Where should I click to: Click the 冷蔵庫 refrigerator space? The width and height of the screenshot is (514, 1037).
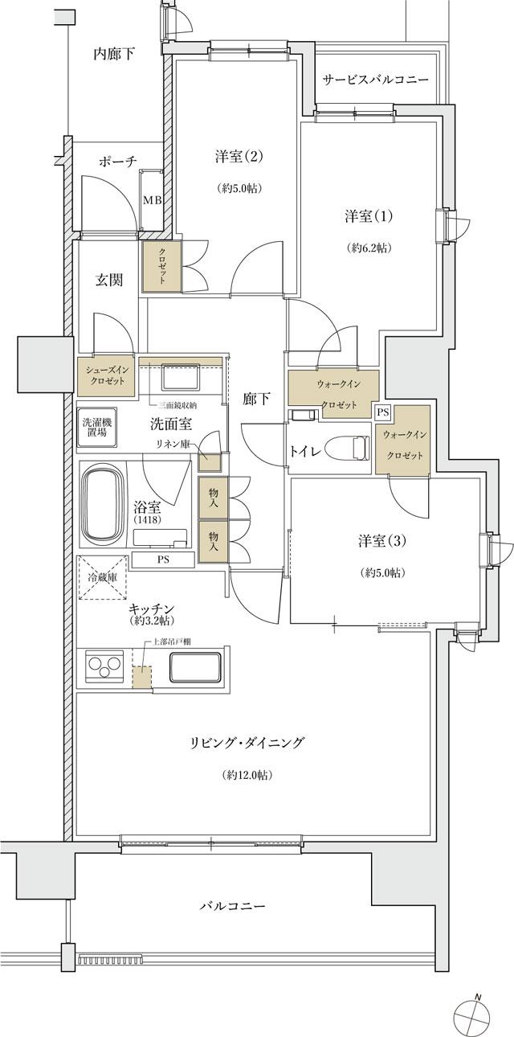pyautogui.click(x=101, y=578)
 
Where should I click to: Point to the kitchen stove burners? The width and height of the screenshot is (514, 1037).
pyautogui.click(x=104, y=667)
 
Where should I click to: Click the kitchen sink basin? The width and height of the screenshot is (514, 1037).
pyautogui.click(x=195, y=666)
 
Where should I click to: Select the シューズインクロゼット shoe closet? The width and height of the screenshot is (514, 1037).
pyautogui.click(x=106, y=375)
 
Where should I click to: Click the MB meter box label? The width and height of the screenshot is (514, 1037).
pyautogui.click(x=151, y=200)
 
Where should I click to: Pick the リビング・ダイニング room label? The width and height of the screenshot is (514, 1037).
pyautogui.click(x=247, y=743)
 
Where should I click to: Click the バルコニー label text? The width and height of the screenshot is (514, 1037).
pyautogui.click(x=232, y=906)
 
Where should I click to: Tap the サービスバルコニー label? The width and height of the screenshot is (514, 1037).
pyautogui.click(x=375, y=80)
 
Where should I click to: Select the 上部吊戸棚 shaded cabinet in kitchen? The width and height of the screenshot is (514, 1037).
pyautogui.click(x=141, y=677)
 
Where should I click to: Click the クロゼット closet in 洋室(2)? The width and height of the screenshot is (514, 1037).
pyautogui.click(x=161, y=266)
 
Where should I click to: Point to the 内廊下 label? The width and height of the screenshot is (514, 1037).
pyautogui.click(x=114, y=54)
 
